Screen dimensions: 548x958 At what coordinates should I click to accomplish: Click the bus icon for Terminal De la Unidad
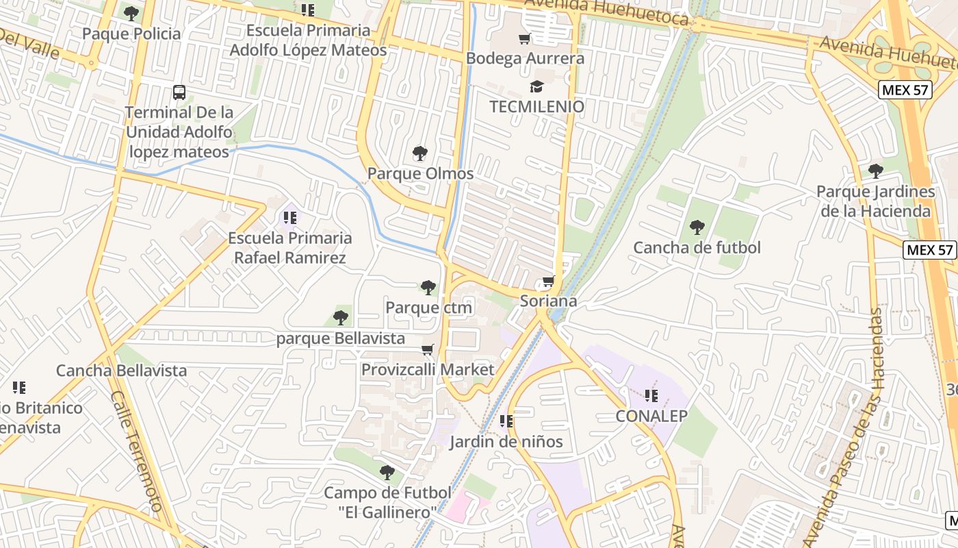pyautogui.click(x=179, y=92)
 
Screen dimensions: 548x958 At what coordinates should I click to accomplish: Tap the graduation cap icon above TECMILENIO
pyautogui.click(x=536, y=86)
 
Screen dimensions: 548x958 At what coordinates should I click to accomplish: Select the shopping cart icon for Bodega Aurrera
pyautogui.click(x=525, y=38)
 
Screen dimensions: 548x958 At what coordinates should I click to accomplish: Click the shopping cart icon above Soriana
pyautogui.click(x=548, y=281)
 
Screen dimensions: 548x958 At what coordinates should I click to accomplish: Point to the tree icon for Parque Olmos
pyautogui.click(x=420, y=153)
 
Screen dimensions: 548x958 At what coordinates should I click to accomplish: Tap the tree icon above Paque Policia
pyautogui.click(x=131, y=13)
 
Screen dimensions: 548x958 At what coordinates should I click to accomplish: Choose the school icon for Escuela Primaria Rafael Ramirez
pyautogui.click(x=290, y=218)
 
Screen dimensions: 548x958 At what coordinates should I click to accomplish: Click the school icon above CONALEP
pyautogui.click(x=651, y=395)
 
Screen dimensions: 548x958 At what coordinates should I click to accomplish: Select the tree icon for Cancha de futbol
pyautogui.click(x=697, y=227)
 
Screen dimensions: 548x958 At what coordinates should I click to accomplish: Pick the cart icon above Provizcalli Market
pyautogui.click(x=428, y=350)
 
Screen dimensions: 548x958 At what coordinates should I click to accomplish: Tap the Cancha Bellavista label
pyautogui.click(x=121, y=371)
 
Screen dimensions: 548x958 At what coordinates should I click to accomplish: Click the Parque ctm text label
pyautogui.click(x=428, y=308)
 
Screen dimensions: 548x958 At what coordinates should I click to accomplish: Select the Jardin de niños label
pyautogui.click(x=506, y=442)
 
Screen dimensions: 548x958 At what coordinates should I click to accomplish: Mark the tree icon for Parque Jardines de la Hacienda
pyautogui.click(x=875, y=171)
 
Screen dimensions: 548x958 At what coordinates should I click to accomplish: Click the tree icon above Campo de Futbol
pyautogui.click(x=387, y=472)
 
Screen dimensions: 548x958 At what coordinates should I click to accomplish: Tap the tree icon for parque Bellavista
pyautogui.click(x=341, y=318)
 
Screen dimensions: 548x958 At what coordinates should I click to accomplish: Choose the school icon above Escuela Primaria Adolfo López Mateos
pyautogui.click(x=308, y=10)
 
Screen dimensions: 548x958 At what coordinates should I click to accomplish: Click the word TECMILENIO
pyautogui.click(x=536, y=107)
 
